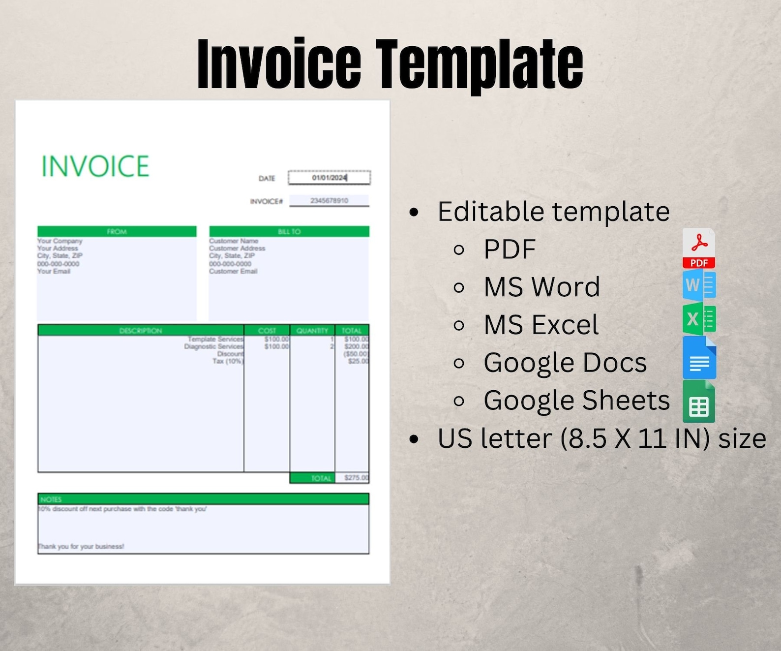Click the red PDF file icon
pos(699,248)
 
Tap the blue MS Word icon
pos(699,285)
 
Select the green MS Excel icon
pos(699,319)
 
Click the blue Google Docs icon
pos(699,358)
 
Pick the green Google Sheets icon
pos(699,402)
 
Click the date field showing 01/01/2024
pos(329,178)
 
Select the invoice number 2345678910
pos(329,201)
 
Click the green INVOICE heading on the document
pos(95,166)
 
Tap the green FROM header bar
pos(117,232)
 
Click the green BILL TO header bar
pos(289,232)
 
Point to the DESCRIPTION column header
pos(141,331)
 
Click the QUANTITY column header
pos(312,331)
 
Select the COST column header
pos(267,331)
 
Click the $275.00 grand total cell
pos(356,478)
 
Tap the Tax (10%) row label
pos(228,361)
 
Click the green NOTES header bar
pos(203,499)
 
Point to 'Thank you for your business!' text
pos(81,546)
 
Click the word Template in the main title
pos(480,64)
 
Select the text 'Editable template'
pos(553,212)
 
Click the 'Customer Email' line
pos(233,271)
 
